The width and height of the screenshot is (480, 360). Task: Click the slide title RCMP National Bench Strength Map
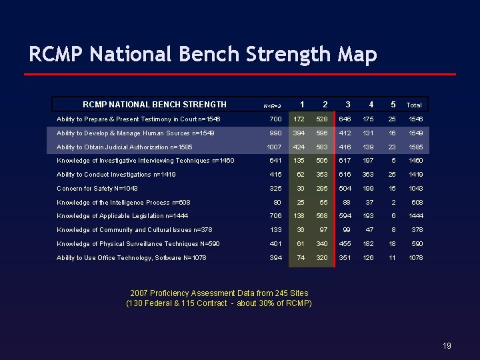tap(203, 53)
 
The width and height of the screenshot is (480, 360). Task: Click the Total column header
tap(414, 105)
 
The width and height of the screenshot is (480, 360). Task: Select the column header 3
tap(347, 105)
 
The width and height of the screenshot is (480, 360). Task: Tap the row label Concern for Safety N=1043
tap(97, 189)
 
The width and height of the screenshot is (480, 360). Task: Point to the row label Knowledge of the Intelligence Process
tap(123, 203)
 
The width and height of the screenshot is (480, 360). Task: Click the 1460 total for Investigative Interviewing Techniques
tap(415, 161)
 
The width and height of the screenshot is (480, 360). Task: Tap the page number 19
tap(447, 345)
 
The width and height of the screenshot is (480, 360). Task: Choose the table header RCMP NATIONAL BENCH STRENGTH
tap(154, 105)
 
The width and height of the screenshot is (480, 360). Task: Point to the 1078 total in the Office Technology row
tap(415, 258)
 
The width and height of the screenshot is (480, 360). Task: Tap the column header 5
tap(393, 105)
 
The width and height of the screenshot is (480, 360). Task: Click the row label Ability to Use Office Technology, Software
tap(133, 258)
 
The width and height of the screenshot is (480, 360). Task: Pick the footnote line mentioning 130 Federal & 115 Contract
tap(219, 304)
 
